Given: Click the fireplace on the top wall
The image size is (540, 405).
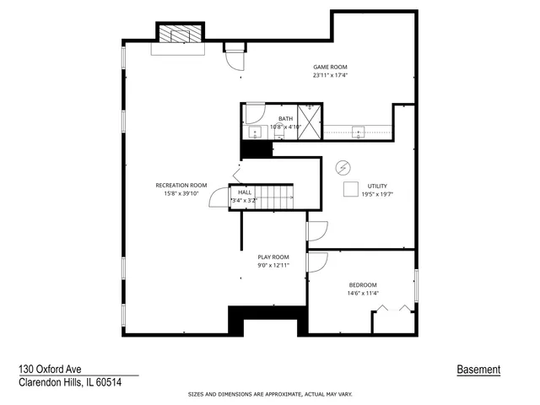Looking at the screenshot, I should click(x=180, y=34).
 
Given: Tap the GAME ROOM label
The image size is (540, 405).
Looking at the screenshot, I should click(x=330, y=67).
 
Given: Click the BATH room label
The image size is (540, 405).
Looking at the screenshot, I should click(x=285, y=119).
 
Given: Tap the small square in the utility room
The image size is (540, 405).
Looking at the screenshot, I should click(x=350, y=190).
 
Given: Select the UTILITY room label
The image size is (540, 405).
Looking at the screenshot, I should click(x=376, y=186).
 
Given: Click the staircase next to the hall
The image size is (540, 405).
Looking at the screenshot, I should click(x=275, y=197).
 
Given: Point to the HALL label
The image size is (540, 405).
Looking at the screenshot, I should click(x=245, y=192).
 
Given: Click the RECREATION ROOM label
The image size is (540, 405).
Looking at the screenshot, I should click(x=181, y=185).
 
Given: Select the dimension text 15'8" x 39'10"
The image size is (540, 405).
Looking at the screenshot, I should click(x=181, y=192).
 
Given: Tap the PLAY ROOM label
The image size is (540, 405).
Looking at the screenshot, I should click(x=273, y=256).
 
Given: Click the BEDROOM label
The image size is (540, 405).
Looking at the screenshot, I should click(x=363, y=285).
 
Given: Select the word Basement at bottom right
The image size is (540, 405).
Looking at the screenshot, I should click(x=478, y=370).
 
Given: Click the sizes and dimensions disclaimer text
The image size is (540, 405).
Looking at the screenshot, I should click(x=270, y=394).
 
